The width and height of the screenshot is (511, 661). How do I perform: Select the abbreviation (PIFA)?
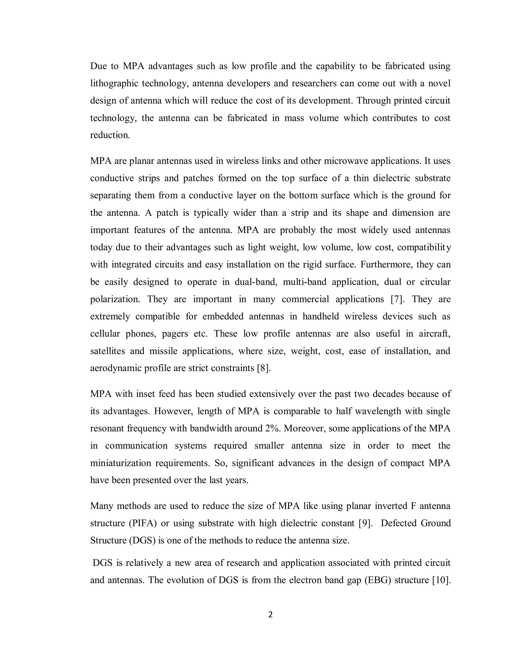point(142,523)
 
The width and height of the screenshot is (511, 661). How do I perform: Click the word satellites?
point(108,351)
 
